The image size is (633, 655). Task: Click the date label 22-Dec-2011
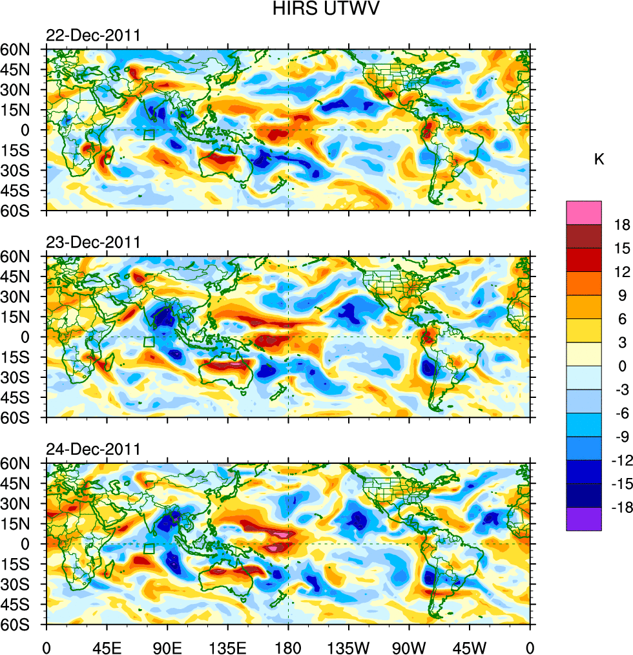coord(93,36)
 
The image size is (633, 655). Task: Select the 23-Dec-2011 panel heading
coord(93,243)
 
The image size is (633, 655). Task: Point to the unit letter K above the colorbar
coord(599,160)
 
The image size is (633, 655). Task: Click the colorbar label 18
coord(622,224)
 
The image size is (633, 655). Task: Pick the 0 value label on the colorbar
coord(622,366)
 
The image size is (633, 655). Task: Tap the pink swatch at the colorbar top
coord(584,213)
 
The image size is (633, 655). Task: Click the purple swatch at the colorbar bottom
coord(584,519)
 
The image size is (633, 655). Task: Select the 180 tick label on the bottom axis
coord(288,647)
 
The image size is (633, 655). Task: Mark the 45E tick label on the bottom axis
coord(107,647)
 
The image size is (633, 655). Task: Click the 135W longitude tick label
coord(349,647)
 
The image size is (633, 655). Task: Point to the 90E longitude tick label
coord(167,647)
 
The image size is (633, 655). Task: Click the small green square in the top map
coord(149,134)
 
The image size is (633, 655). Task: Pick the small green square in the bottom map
coord(149,548)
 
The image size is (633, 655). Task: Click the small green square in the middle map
coord(149,342)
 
